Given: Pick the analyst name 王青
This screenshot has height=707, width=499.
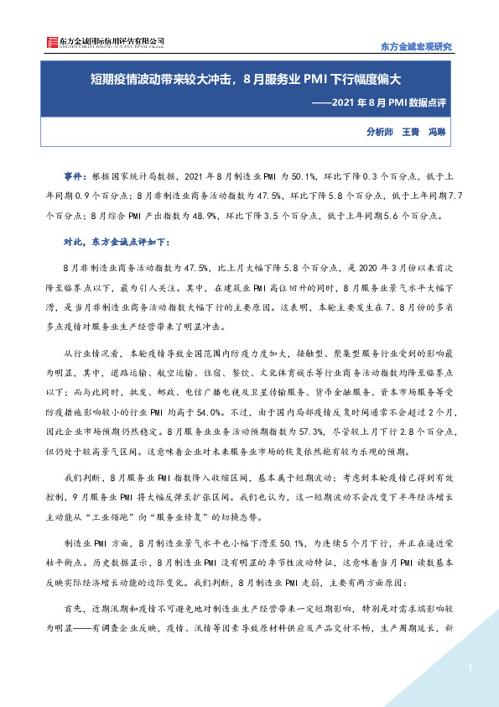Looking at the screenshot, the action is [411, 132].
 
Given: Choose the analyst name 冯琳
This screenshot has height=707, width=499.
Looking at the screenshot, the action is [437, 132].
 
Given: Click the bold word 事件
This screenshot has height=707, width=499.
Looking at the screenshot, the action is [74, 177].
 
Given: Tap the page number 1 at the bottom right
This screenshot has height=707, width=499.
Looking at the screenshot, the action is [472, 668].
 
